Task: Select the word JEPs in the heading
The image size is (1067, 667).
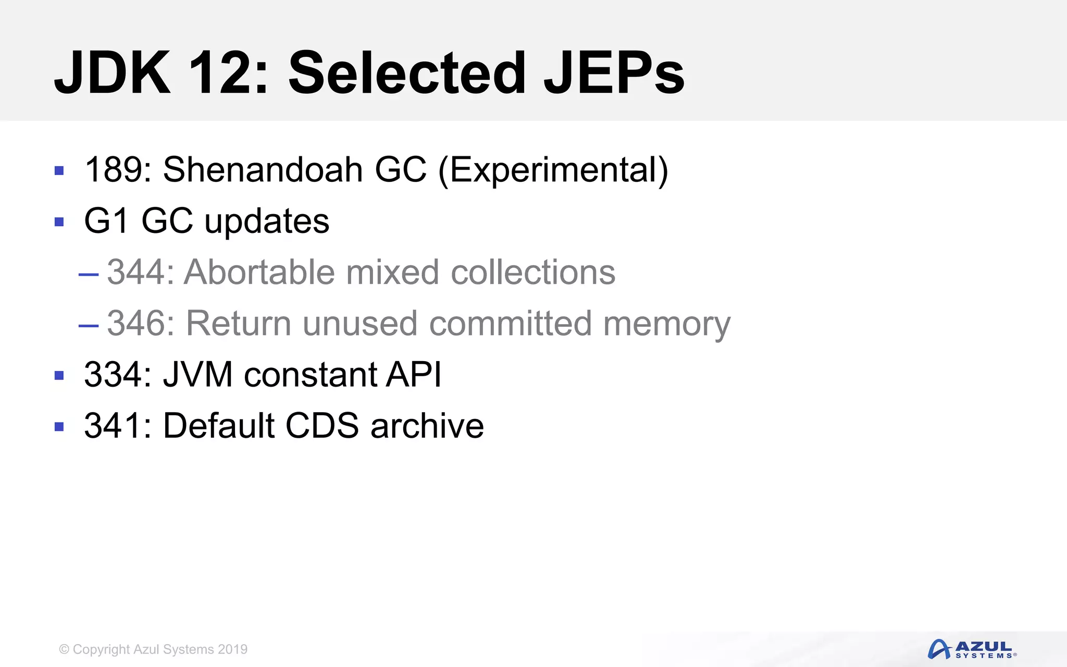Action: click(614, 73)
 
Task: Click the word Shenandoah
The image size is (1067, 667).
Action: click(263, 170)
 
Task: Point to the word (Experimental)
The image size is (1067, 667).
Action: click(553, 171)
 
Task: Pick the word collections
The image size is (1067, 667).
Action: click(532, 272)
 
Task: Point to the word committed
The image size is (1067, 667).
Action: click(511, 323)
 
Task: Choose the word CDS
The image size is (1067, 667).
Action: click(322, 425)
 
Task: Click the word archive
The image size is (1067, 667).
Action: click(427, 425)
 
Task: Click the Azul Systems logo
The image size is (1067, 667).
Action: click(972, 649)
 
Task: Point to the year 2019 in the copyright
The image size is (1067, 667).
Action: click(233, 649)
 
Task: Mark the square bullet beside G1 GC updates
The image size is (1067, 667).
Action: click(59, 222)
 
